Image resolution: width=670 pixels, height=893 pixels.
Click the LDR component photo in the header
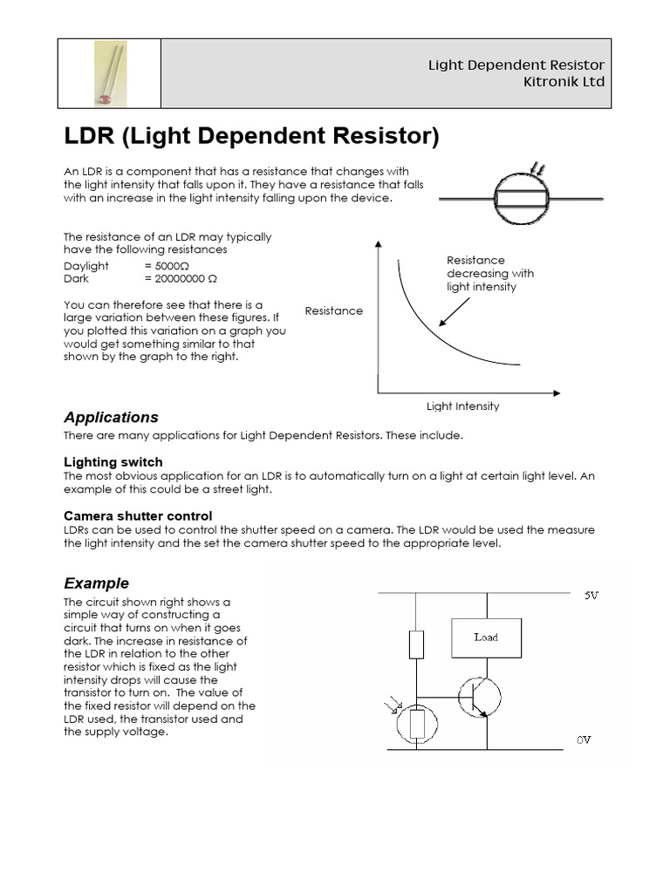tap(109, 73)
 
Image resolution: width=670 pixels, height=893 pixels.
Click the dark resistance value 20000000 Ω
tap(181, 278)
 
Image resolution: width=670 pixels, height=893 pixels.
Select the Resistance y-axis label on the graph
tap(334, 311)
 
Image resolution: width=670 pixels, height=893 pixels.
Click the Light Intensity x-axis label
tap(462, 406)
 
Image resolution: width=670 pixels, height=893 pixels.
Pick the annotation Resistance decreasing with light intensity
tap(489, 273)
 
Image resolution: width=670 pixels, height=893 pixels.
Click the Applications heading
tap(112, 417)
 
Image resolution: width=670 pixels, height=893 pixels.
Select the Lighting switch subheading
tap(113, 461)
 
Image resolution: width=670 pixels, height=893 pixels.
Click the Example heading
tap(97, 583)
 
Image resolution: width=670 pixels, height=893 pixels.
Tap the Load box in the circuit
tap(486, 637)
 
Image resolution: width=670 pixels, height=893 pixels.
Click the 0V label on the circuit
tap(584, 740)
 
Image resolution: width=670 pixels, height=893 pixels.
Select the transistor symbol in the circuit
tap(479, 695)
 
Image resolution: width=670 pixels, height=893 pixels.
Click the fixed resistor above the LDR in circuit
tap(416, 645)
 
